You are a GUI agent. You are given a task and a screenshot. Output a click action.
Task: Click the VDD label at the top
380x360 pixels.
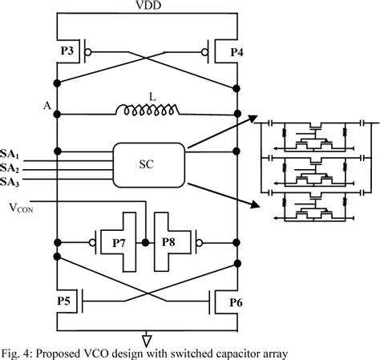(x=147, y=6)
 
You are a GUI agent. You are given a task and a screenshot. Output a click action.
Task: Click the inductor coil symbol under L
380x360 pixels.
(x=147, y=110)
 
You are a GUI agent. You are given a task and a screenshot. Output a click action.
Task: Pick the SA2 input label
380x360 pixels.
(x=11, y=168)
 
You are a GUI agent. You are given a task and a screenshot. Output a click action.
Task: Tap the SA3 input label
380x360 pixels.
(x=11, y=182)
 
